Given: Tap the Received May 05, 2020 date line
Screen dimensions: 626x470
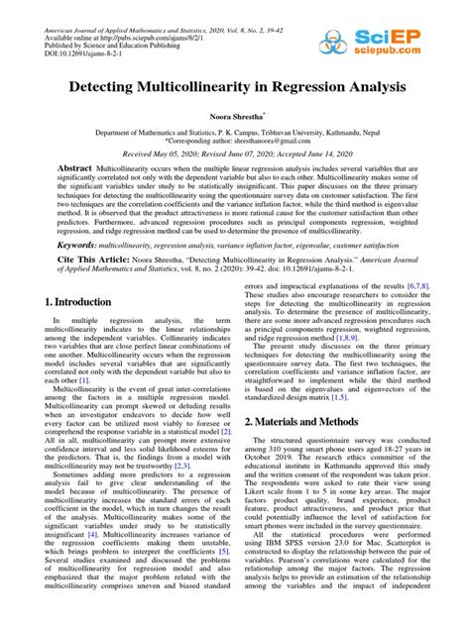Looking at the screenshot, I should (235, 155).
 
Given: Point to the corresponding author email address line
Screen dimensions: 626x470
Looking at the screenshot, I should (235, 141).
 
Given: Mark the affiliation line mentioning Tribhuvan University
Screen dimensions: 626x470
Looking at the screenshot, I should (235, 131).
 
